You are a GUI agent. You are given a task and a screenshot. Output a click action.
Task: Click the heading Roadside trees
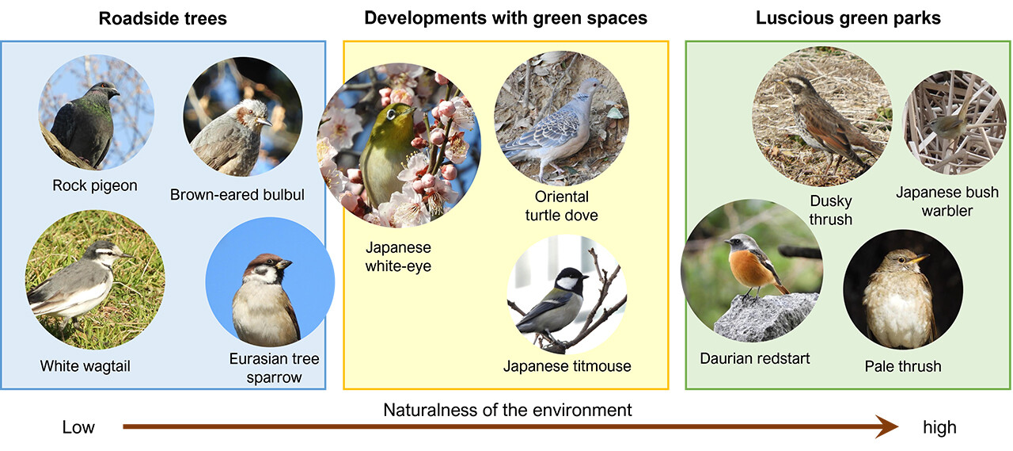point(163,18)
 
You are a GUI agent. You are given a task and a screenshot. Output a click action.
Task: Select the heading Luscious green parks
point(848,18)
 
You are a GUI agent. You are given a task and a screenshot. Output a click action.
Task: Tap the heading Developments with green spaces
point(506,18)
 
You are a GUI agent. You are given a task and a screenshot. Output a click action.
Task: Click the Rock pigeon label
point(95,185)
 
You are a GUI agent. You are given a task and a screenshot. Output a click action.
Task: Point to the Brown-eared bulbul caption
point(237,195)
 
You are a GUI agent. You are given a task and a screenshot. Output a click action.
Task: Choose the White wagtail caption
point(85,366)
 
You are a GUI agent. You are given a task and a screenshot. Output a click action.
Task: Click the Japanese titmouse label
point(567,366)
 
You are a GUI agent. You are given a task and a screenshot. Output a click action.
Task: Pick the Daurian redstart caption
point(755,358)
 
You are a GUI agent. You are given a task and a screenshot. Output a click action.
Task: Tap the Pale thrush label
point(903,366)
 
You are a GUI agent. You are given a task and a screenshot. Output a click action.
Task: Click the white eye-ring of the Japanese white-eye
point(391,114)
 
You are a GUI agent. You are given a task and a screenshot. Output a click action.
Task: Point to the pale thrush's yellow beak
point(917,259)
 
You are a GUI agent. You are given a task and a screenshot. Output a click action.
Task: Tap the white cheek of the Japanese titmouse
point(566,284)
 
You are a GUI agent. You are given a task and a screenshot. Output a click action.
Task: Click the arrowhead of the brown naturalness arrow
point(886,426)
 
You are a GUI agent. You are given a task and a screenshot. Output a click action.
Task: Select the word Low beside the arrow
point(78,427)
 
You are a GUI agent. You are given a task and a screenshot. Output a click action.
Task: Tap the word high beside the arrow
point(939,427)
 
